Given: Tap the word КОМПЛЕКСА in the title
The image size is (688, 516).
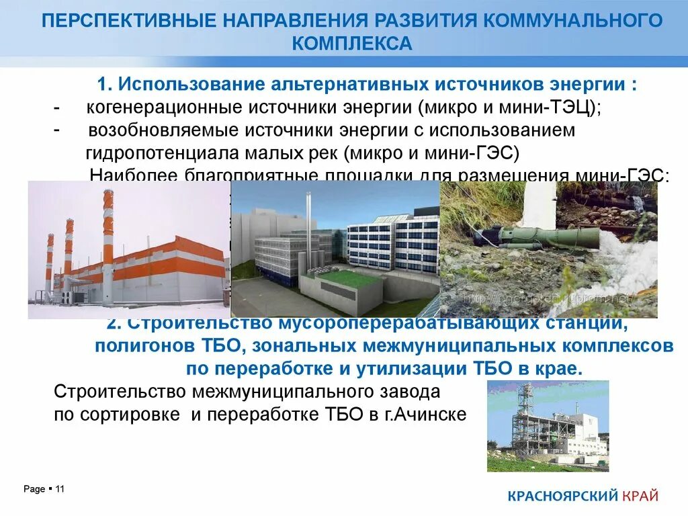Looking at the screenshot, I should click(x=351, y=44).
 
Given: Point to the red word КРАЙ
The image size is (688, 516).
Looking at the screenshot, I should click(x=640, y=497).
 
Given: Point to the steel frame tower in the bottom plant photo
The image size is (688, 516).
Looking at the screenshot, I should click(x=522, y=420).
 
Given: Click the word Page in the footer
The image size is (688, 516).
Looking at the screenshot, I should click(x=34, y=489).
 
